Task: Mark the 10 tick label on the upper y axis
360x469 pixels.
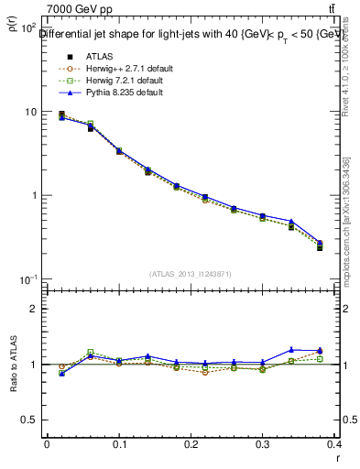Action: coord(30,112)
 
